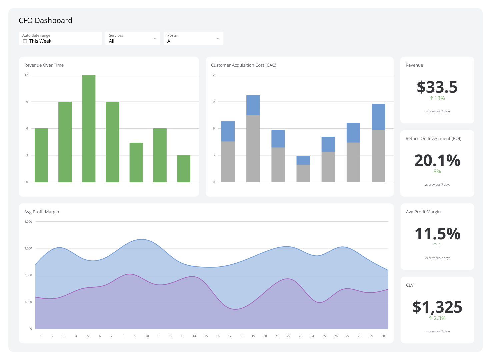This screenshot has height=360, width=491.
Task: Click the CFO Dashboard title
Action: click(45, 21)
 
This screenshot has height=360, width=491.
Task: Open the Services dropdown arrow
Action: click(155, 39)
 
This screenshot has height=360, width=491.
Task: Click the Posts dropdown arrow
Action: click(218, 39)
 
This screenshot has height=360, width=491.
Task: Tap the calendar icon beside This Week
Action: click(25, 41)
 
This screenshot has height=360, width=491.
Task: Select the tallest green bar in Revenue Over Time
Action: click(89, 128)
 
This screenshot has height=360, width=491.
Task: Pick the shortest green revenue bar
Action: click(184, 169)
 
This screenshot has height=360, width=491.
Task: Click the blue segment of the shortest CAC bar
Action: click(303, 160)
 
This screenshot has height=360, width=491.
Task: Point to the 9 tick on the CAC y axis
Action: click(214, 102)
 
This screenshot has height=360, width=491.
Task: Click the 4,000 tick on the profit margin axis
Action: click(28, 222)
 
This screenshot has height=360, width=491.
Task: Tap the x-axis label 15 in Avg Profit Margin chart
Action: click(206, 336)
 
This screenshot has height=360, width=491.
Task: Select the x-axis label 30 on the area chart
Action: click(383, 336)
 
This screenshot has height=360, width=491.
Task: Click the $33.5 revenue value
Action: click(437, 87)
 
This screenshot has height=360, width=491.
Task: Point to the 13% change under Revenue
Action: click(437, 98)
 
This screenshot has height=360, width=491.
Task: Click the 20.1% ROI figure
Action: click(437, 160)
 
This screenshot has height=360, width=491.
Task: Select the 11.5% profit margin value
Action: click(437, 234)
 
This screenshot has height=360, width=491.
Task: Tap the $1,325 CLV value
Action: click(437, 307)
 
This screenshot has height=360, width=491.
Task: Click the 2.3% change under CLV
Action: click(437, 318)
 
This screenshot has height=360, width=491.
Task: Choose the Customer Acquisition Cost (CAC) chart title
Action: click(243, 65)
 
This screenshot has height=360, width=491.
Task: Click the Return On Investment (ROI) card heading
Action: click(433, 139)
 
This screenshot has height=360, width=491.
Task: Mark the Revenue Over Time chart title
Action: click(44, 65)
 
